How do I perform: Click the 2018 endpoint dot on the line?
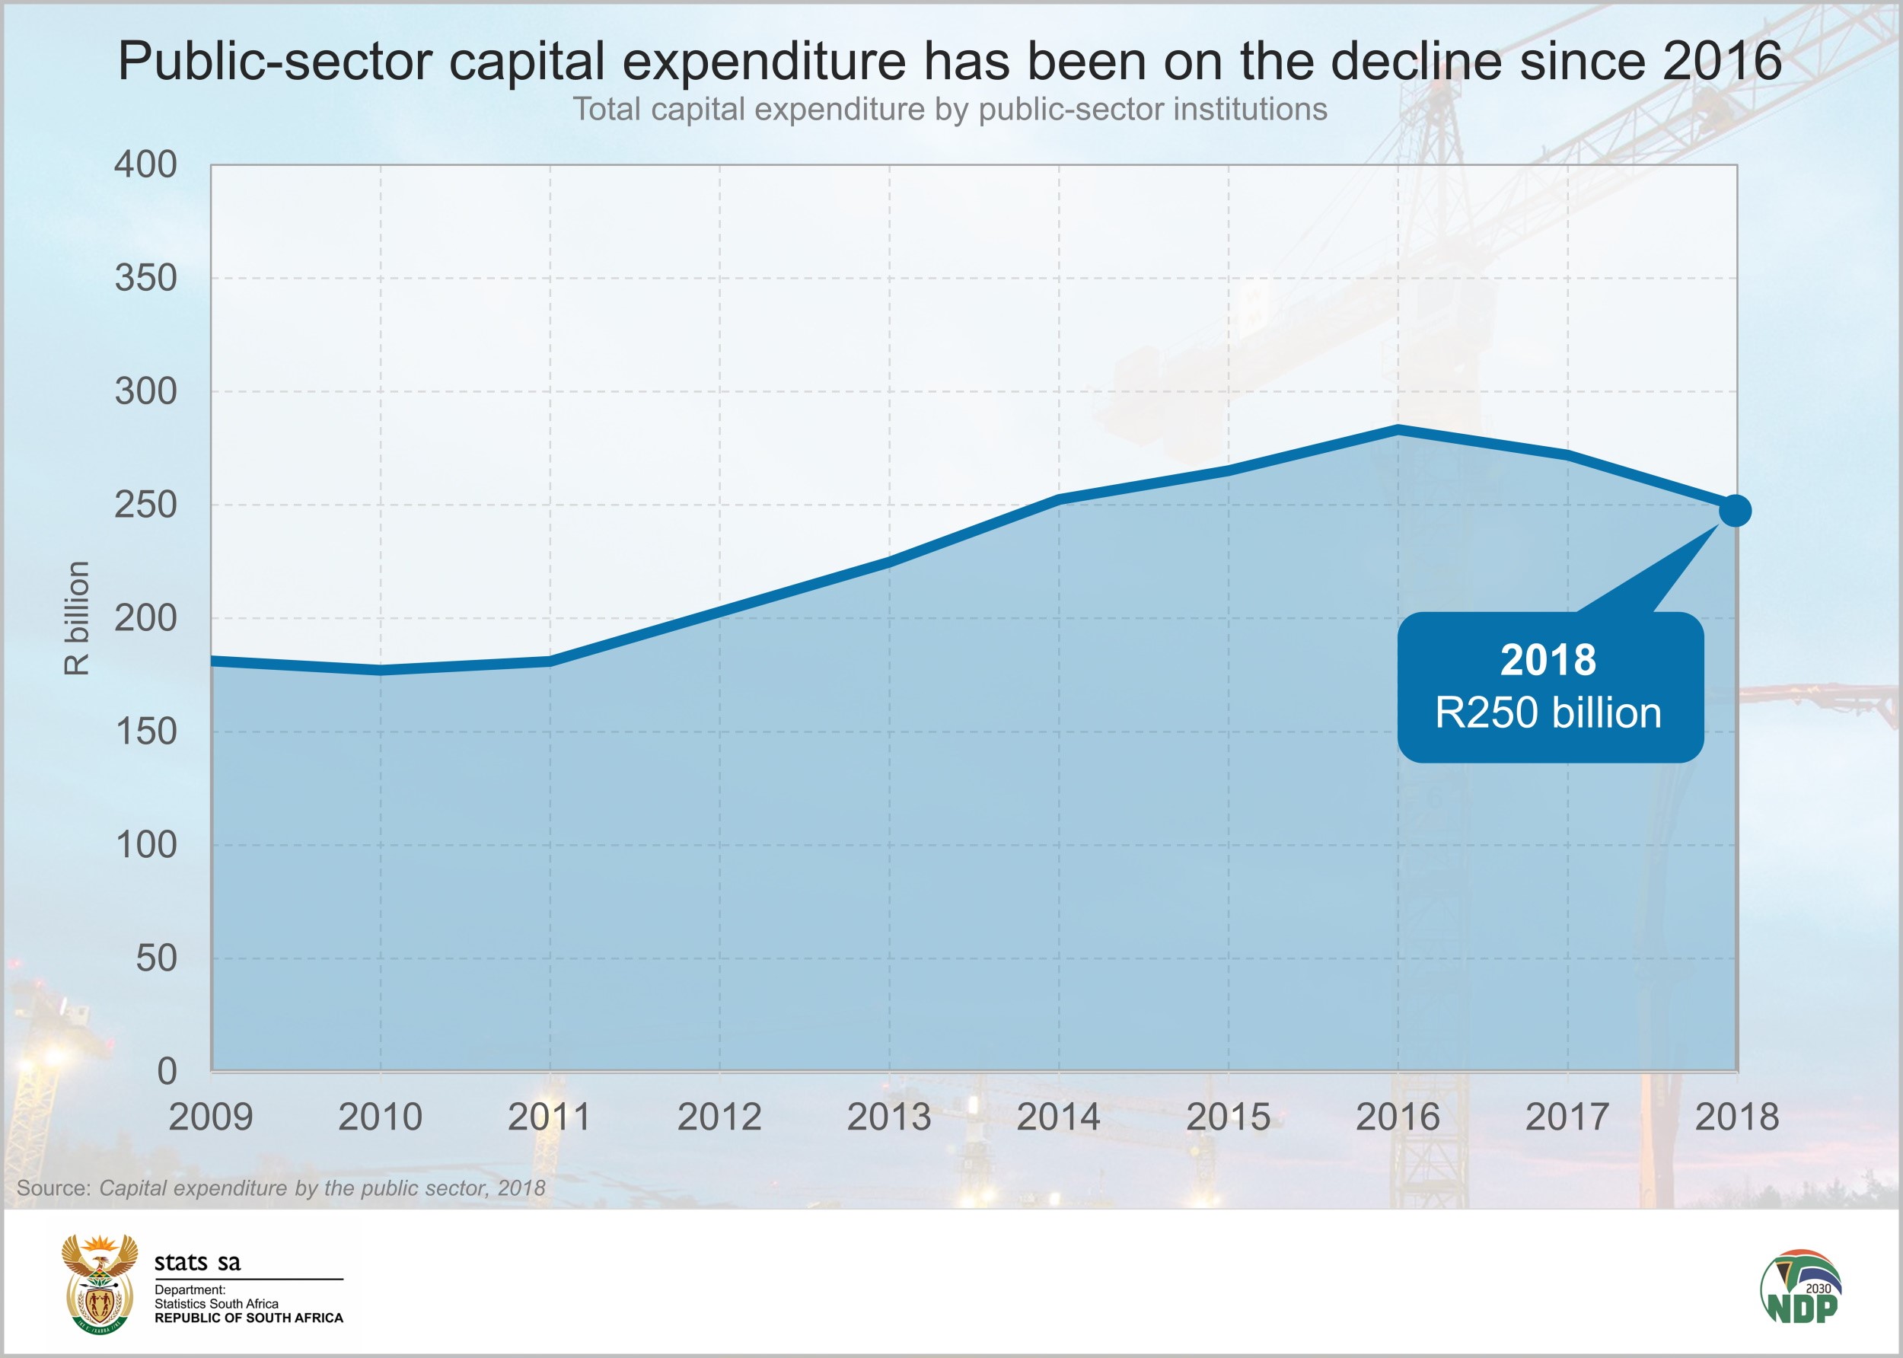click(x=1735, y=510)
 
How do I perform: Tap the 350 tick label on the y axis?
click(x=146, y=278)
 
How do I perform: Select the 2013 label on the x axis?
click(x=889, y=1117)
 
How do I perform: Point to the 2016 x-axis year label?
click(x=1397, y=1117)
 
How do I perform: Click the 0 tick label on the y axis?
click(x=167, y=1071)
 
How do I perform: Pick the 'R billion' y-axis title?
click(x=76, y=618)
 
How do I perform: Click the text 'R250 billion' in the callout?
click(x=1548, y=713)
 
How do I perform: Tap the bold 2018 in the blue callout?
click(x=1548, y=660)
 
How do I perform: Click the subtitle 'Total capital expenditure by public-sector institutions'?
click(x=950, y=110)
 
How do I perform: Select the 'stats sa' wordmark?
click(x=197, y=1263)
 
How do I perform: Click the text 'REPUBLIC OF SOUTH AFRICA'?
click(x=249, y=1318)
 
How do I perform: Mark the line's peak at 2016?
click(x=1397, y=430)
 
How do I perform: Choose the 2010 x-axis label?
click(x=381, y=1117)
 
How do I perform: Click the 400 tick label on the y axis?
click(x=146, y=164)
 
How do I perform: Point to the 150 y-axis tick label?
click(x=146, y=732)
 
